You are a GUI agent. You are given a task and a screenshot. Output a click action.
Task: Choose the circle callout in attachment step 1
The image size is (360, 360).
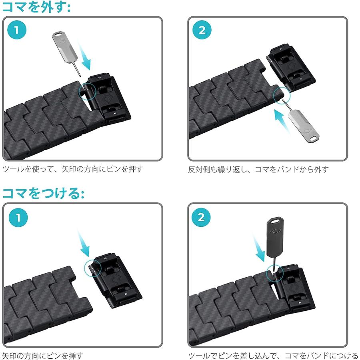click(x=92, y=267)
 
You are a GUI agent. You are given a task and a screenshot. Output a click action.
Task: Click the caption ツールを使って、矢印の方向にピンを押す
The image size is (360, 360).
click(x=72, y=169)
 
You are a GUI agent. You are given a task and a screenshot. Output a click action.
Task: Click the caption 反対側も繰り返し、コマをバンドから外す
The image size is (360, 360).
click(x=258, y=169)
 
